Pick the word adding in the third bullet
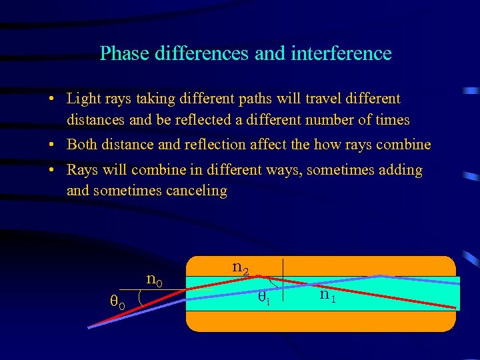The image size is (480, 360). coord(399,170)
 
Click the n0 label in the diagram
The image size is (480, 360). coord(155,278)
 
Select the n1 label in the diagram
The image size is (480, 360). coord(327,294)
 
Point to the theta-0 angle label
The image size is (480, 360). coord(117,303)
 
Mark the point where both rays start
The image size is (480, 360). coord(88,327)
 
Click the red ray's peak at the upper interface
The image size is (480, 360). coord(251,277)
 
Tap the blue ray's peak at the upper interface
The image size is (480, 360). coord(379,276)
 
